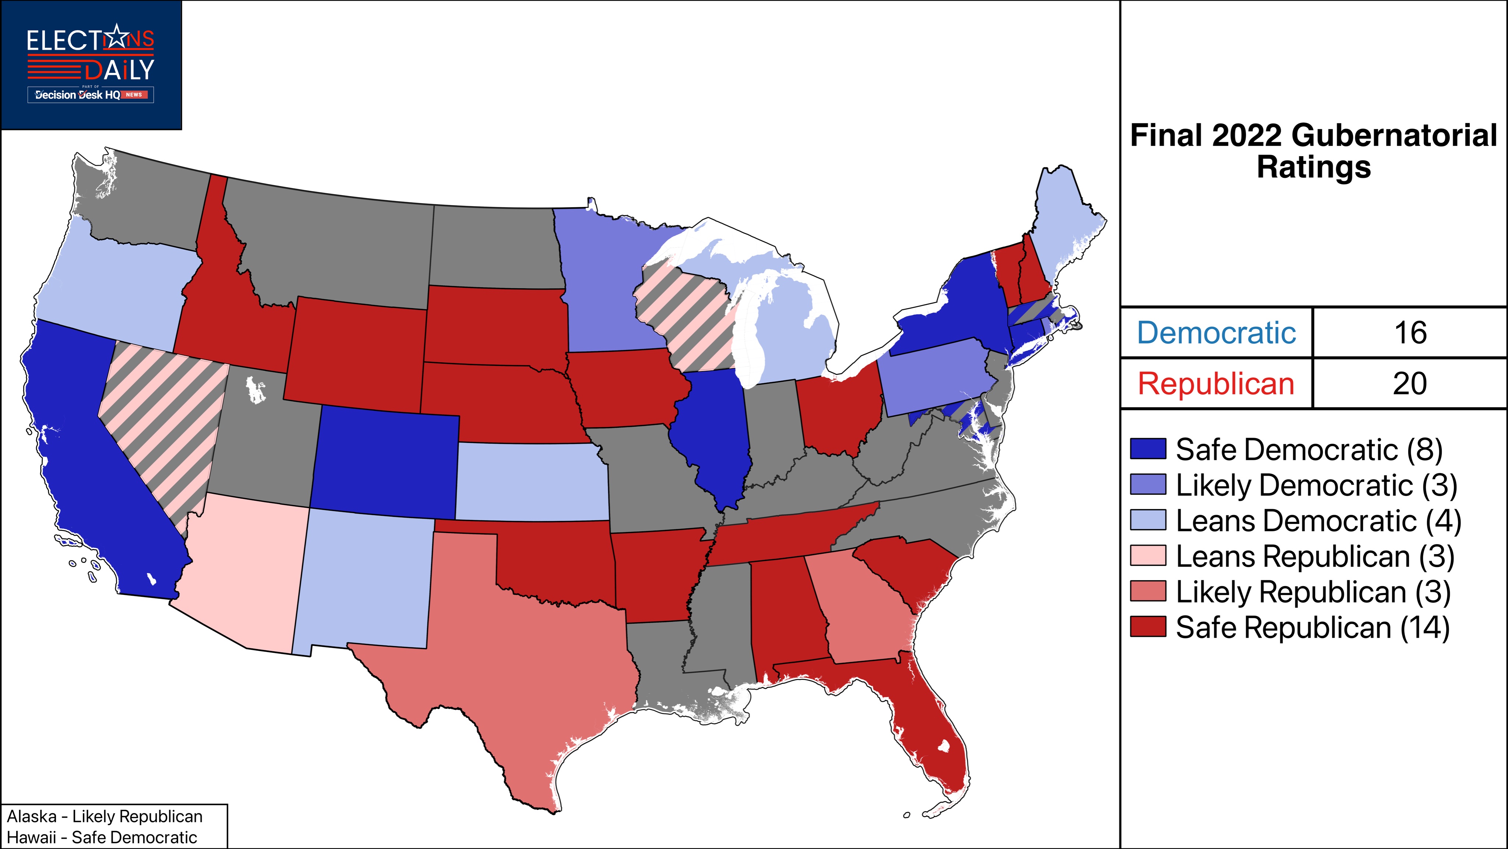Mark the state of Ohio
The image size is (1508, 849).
837,410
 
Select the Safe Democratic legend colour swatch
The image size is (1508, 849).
1148,449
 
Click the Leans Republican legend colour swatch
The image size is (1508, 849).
1148,556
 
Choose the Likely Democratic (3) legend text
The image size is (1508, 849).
1316,485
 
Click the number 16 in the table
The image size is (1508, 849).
1410,332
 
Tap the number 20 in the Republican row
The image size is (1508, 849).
1410,384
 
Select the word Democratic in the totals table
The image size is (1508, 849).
1216,332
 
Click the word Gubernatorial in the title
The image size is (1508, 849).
1393,136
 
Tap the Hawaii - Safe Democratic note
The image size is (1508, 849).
102,837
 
